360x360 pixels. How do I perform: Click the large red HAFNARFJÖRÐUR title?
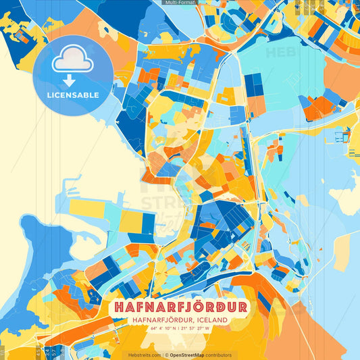point(180,307)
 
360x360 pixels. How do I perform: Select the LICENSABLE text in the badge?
point(72,95)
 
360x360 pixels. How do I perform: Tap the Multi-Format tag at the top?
point(179,3)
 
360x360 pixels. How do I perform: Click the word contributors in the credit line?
point(218,355)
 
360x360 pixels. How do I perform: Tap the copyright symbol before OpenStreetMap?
point(166,355)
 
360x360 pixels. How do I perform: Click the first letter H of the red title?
point(119,307)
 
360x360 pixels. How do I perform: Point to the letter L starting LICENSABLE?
point(49,95)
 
